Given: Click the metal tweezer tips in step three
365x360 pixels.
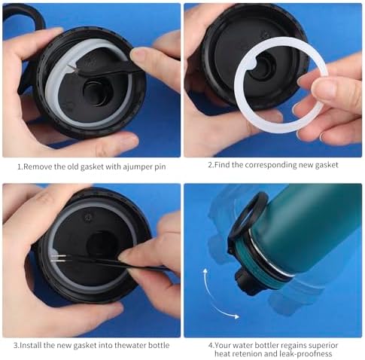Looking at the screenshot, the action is [x=58, y=258].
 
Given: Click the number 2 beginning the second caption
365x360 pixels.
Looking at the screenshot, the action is [x=210, y=165].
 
